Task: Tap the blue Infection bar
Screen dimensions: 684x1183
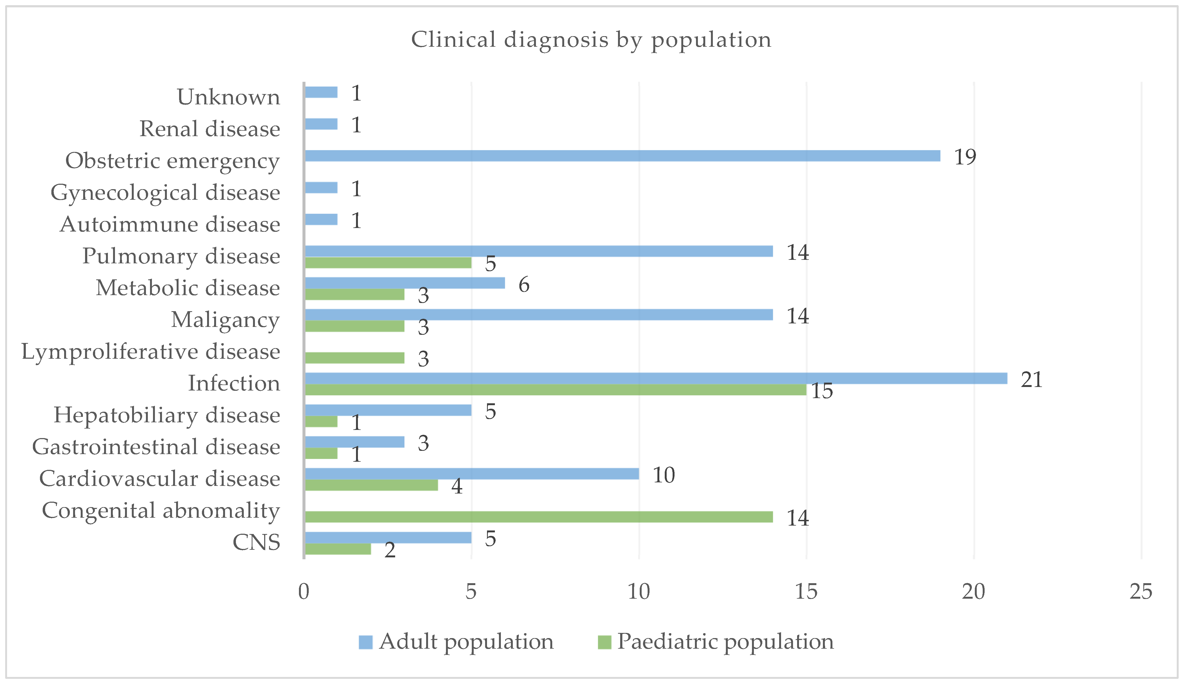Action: (656, 378)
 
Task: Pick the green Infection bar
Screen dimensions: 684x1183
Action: (555, 390)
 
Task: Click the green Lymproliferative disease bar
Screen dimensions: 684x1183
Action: (354, 358)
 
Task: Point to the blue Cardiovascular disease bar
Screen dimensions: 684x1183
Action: (472, 474)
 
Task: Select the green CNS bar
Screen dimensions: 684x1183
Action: (338, 549)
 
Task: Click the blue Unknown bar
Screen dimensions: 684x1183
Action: (321, 92)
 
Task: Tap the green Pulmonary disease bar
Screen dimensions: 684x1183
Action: (388, 263)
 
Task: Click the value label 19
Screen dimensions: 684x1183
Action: (965, 157)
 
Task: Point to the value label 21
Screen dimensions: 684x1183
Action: (1031, 379)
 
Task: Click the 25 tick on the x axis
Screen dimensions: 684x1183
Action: (1141, 592)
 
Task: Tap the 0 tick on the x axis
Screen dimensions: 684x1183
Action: (304, 592)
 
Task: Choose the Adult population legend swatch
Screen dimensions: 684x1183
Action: (365, 642)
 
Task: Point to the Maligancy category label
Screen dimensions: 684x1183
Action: (225, 320)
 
